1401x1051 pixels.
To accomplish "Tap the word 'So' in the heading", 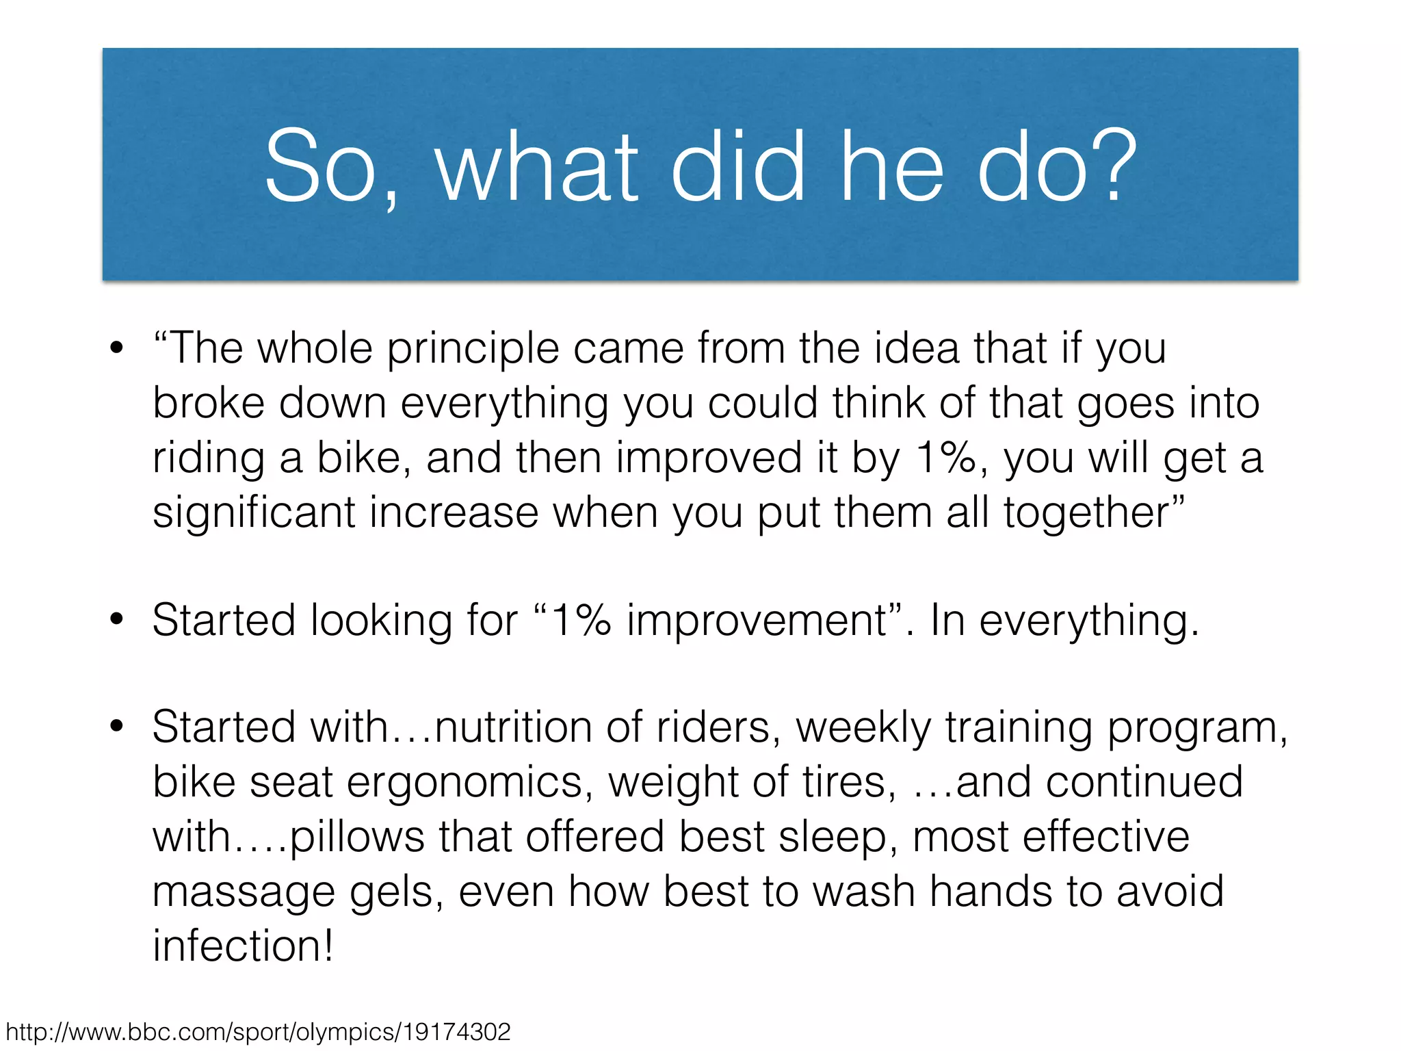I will click(x=320, y=168).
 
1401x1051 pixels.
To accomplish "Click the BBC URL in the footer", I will click(x=258, y=1032).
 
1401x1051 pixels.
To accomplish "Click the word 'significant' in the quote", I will click(x=254, y=512).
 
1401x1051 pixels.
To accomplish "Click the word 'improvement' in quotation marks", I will click(x=757, y=621).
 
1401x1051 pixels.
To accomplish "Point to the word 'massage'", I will click(x=244, y=892).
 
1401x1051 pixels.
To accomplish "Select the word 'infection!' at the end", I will click(x=243, y=946).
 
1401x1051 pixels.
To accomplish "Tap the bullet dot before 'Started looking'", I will click(x=117, y=620).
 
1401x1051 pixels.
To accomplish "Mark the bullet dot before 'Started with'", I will click(x=117, y=727).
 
